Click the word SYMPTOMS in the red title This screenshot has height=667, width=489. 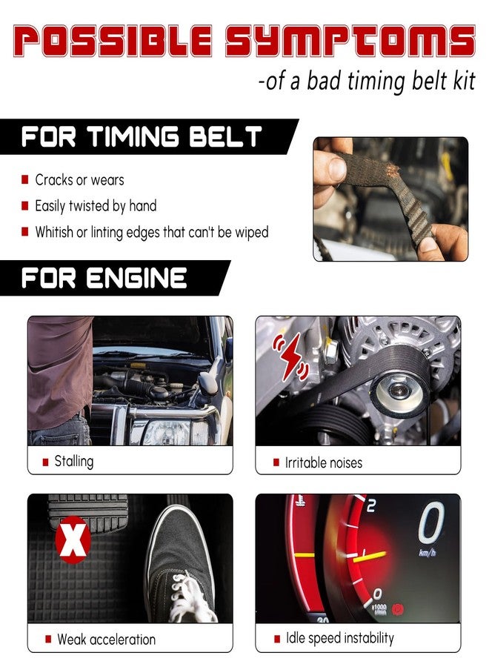(x=350, y=41)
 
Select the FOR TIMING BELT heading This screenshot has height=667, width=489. (x=142, y=136)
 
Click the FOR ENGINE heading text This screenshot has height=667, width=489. (x=104, y=278)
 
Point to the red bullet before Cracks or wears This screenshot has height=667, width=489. (x=25, y=179)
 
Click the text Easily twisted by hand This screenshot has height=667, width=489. (x=96, y=206)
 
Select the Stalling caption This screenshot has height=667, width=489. (x=74, y=461)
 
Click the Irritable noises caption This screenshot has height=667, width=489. (x=324, y=462)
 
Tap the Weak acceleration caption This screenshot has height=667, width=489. (x=106, y=640)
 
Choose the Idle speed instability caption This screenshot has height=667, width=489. (x=340, y=638)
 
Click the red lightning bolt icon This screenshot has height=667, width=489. (x=292, y=356)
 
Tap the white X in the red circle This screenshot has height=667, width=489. (x=73, y=540)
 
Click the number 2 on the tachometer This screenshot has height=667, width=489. (x=371, y=505)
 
